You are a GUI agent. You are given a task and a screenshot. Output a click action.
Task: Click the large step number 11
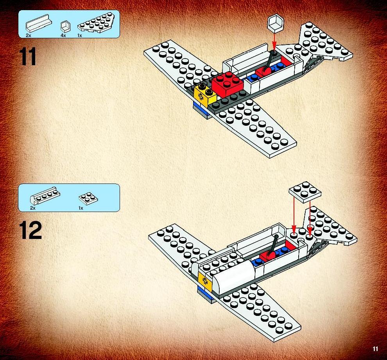28,57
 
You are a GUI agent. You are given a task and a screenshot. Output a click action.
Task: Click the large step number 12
30,230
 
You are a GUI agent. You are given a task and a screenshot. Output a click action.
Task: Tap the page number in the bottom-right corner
375,349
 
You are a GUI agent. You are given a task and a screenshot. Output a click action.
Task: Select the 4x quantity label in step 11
63,36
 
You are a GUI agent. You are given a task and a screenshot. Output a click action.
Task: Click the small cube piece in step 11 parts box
65,27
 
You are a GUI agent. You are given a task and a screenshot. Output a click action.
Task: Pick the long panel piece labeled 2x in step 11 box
39,24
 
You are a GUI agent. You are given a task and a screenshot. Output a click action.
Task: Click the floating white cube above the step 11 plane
276,23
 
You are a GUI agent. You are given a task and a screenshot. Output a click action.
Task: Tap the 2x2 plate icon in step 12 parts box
88,199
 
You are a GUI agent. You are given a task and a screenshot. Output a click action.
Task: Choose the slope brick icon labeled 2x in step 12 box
45,196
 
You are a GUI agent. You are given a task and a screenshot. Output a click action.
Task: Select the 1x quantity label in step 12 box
81,208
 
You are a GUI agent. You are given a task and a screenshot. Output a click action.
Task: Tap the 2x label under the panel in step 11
29,36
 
